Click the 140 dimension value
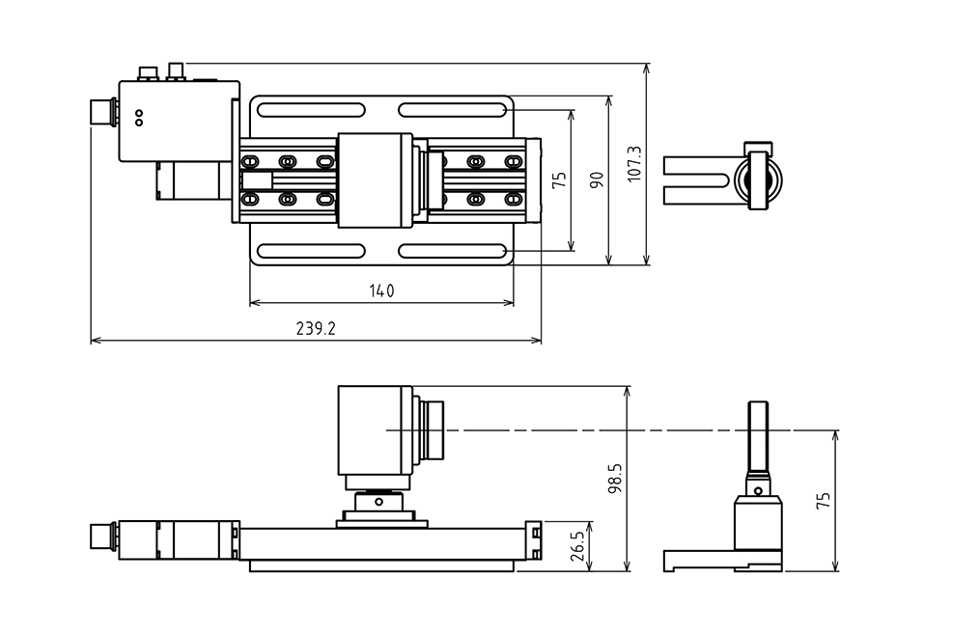[381, 289]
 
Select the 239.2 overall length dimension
[316, 328]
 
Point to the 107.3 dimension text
[633, 164]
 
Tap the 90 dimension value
[596, 179]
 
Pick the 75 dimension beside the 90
[559, 179]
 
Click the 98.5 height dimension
[614, 478]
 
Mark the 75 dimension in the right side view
[823, 500]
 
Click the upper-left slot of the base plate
[309, 109]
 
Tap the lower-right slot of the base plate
[454, 251]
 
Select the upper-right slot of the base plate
[454, 109]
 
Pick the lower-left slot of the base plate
[309, 251]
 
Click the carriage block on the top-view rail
[375, 179]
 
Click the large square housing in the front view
[375, 429]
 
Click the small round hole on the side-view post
[759, 490]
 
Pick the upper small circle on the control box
[139, 113]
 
